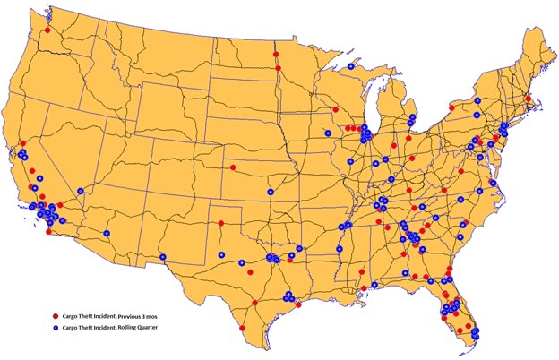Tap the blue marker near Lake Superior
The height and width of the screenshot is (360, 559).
click(x=350, y=66)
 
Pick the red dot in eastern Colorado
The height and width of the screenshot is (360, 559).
click(x=233, y=167)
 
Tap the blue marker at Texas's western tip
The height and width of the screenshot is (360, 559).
click(x=163, y=257)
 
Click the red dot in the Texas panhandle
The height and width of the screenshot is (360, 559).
click(x=220, y=223)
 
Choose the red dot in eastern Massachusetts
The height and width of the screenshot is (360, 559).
click(x=529, y=99)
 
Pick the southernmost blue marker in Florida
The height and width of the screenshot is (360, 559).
click(x=474, y=336)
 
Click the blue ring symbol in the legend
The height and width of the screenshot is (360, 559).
click(x=55, y=329)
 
